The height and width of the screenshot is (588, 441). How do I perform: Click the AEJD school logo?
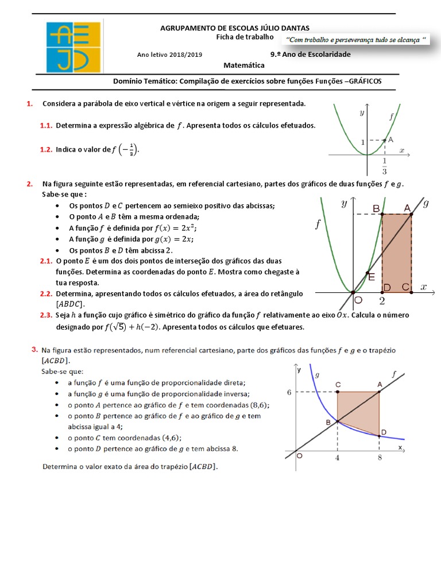tap(74, 45)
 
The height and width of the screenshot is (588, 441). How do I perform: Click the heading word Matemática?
tap(244, 65)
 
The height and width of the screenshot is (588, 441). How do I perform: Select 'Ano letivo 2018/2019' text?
tap(169, 55)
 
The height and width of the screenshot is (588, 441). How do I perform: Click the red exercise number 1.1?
tap(46, 125)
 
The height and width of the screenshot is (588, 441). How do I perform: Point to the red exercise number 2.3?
tap(46, 315)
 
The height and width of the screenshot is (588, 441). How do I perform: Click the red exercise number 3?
tap(35, 349)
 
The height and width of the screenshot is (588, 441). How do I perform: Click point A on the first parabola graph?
tap(390, 140)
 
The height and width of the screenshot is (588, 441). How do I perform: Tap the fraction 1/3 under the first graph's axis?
tap(384, 167)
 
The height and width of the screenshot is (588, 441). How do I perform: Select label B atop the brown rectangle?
tap(376, 209)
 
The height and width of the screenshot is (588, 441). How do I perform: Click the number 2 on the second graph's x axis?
tap(382, 300)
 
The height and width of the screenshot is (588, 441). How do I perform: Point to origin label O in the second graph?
tap(358, 300)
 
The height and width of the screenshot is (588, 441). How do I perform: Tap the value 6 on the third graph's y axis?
tap(291, 392)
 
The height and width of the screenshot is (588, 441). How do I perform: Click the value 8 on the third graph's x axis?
tap(380, 458)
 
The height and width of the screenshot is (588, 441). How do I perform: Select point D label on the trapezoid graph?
tap(384, 432)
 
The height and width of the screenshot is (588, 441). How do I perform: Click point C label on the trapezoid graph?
tap(338, 384)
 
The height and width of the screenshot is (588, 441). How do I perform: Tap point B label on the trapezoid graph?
tap(328, 423)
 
